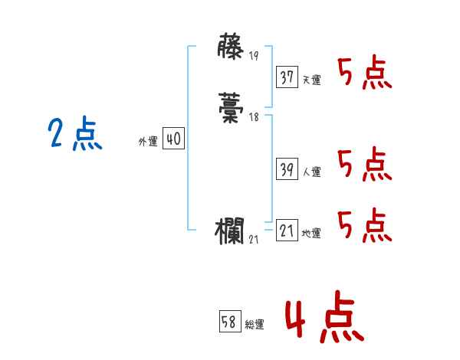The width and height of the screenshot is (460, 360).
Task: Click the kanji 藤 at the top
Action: pyautogui.click(x=231, y=48)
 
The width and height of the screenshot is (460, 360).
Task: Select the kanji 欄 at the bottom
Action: pyautogui.click(x=231, y=231)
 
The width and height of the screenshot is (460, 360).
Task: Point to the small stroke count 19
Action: pyautogui.click(x=255, y=56)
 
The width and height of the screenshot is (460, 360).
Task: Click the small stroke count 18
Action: pyautogui.click(x=254, y=118)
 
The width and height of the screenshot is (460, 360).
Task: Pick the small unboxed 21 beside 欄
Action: pyautogui.click(x=255, y=240)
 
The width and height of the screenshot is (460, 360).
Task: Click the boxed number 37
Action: pyautogui.click(x=287, y=77)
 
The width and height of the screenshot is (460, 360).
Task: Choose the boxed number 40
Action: pyautogui.click(x=173, y=139)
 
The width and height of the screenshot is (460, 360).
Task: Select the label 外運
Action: pyautogui.click(x=147, y=142)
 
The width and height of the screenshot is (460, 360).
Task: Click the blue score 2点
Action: pyautogui.click(x=74, y=135)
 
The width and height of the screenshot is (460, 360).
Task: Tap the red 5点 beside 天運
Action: pyautogui.click(x=364, y=74)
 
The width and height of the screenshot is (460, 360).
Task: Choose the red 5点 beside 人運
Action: pyautogui.click(x=364, y=165)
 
